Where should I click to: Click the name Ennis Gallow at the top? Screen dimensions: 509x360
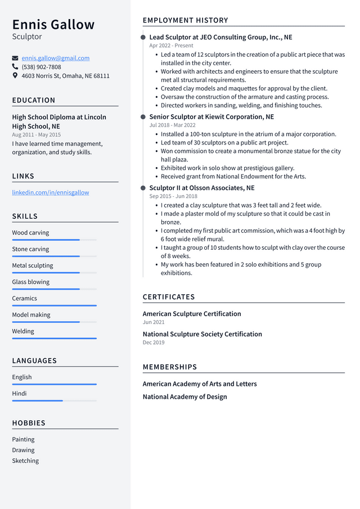tap(53, 25)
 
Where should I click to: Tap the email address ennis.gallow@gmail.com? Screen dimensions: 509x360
tap(56, 58)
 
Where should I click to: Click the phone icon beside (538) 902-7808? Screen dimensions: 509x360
tap(15, 66)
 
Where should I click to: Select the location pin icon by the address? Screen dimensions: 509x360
tap(15, 75)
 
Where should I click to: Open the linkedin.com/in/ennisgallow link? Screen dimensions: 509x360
tap(51, 192)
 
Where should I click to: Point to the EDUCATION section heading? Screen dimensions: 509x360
tap(34, 100)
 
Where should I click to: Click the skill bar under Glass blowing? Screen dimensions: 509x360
tap(54, 289)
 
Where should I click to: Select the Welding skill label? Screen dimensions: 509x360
tap(23, 331)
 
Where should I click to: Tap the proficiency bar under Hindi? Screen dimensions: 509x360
tap(54, 400)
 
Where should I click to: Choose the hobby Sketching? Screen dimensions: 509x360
tap(25, 461)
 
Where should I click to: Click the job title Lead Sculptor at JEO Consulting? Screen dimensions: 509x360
tap(220, 37)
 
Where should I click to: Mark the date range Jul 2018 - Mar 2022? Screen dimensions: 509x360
tap(172, 125)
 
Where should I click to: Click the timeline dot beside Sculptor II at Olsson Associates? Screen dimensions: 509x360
tap(143, 188)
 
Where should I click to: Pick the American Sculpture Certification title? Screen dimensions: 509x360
tap(192, 314)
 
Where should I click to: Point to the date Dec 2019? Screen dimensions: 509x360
tap(154, 343)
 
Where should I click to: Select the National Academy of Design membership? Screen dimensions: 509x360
tap(184, 397)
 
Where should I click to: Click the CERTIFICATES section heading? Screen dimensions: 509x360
tap(169, 297)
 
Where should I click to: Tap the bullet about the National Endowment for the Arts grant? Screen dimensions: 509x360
tap(233, 176)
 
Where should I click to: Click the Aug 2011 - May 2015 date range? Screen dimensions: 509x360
tap(37, 135)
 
